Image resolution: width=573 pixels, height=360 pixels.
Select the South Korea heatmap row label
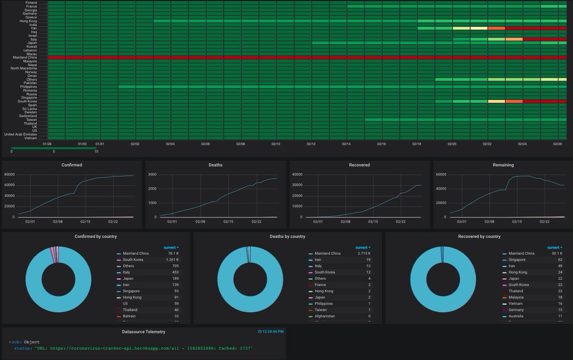[x=28, y=101]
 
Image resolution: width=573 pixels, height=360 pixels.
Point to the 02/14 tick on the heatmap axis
[x=346, y=144]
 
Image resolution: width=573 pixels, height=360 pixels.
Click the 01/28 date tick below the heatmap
[x=47, y=144]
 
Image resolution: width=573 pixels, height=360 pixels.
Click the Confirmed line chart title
[x=72, y=165]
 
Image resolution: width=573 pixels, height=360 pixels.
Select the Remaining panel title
[x=503, y=165]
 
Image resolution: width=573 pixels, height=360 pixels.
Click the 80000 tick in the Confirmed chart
[x=10, y=175]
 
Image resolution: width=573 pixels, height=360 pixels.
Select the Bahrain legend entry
[x=130, y=316]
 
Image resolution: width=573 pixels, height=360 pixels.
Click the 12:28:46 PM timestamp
[x=273, y=331]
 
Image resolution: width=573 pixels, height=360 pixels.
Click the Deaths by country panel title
[x=287, y=236]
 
